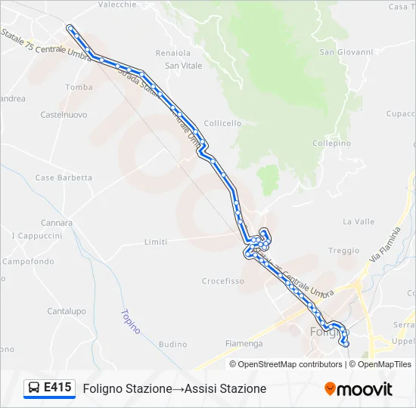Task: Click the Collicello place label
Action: pyautogui.click(x=222, y=123)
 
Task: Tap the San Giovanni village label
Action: pyautogui.click(x=346, y=52)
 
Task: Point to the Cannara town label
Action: pyautogui.click(x=57, y=223)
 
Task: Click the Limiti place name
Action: pyautogui.click(x=155, y=242)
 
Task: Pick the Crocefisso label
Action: pyautogui.click(x=222, y=281)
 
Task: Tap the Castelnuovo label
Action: pyautogui.click(x=64, y=115)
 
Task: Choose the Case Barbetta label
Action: pyautogui.click(x=64, y=178)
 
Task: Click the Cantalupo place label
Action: pyautogui.click(x=67, y=311)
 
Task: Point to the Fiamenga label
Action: pyautogui.click(x=244, y=344)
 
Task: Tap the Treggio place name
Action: pyautogui.click(x=344, y=251)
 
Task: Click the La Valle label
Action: pyautogui.click(x=359, y=221)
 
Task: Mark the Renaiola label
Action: pyautogui.click(x=172, y=53)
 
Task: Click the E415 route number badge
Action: pyautogui.click(x=57, y=388)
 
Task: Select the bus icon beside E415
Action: pyautogui.click(x=34, y=388)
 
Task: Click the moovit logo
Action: pyautogui.click(x=359, y=389)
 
